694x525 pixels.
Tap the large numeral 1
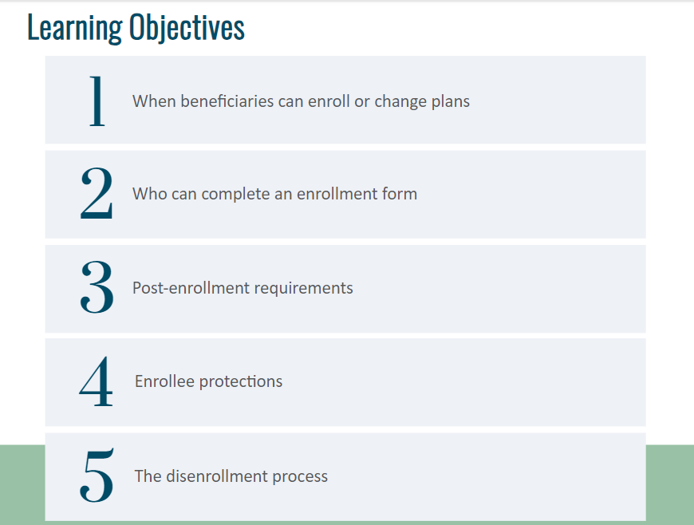(x=97, y=101)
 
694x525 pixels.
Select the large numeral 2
(x=97, y=193)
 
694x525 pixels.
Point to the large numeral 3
(x=97, y=287)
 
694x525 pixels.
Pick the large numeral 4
(x=96, y=381)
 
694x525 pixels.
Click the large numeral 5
(x=97, y=476)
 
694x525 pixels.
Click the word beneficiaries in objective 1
(x=227, y=101)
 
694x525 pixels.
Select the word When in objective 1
(x=154, y=101)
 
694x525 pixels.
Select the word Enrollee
(x=164, y=381)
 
